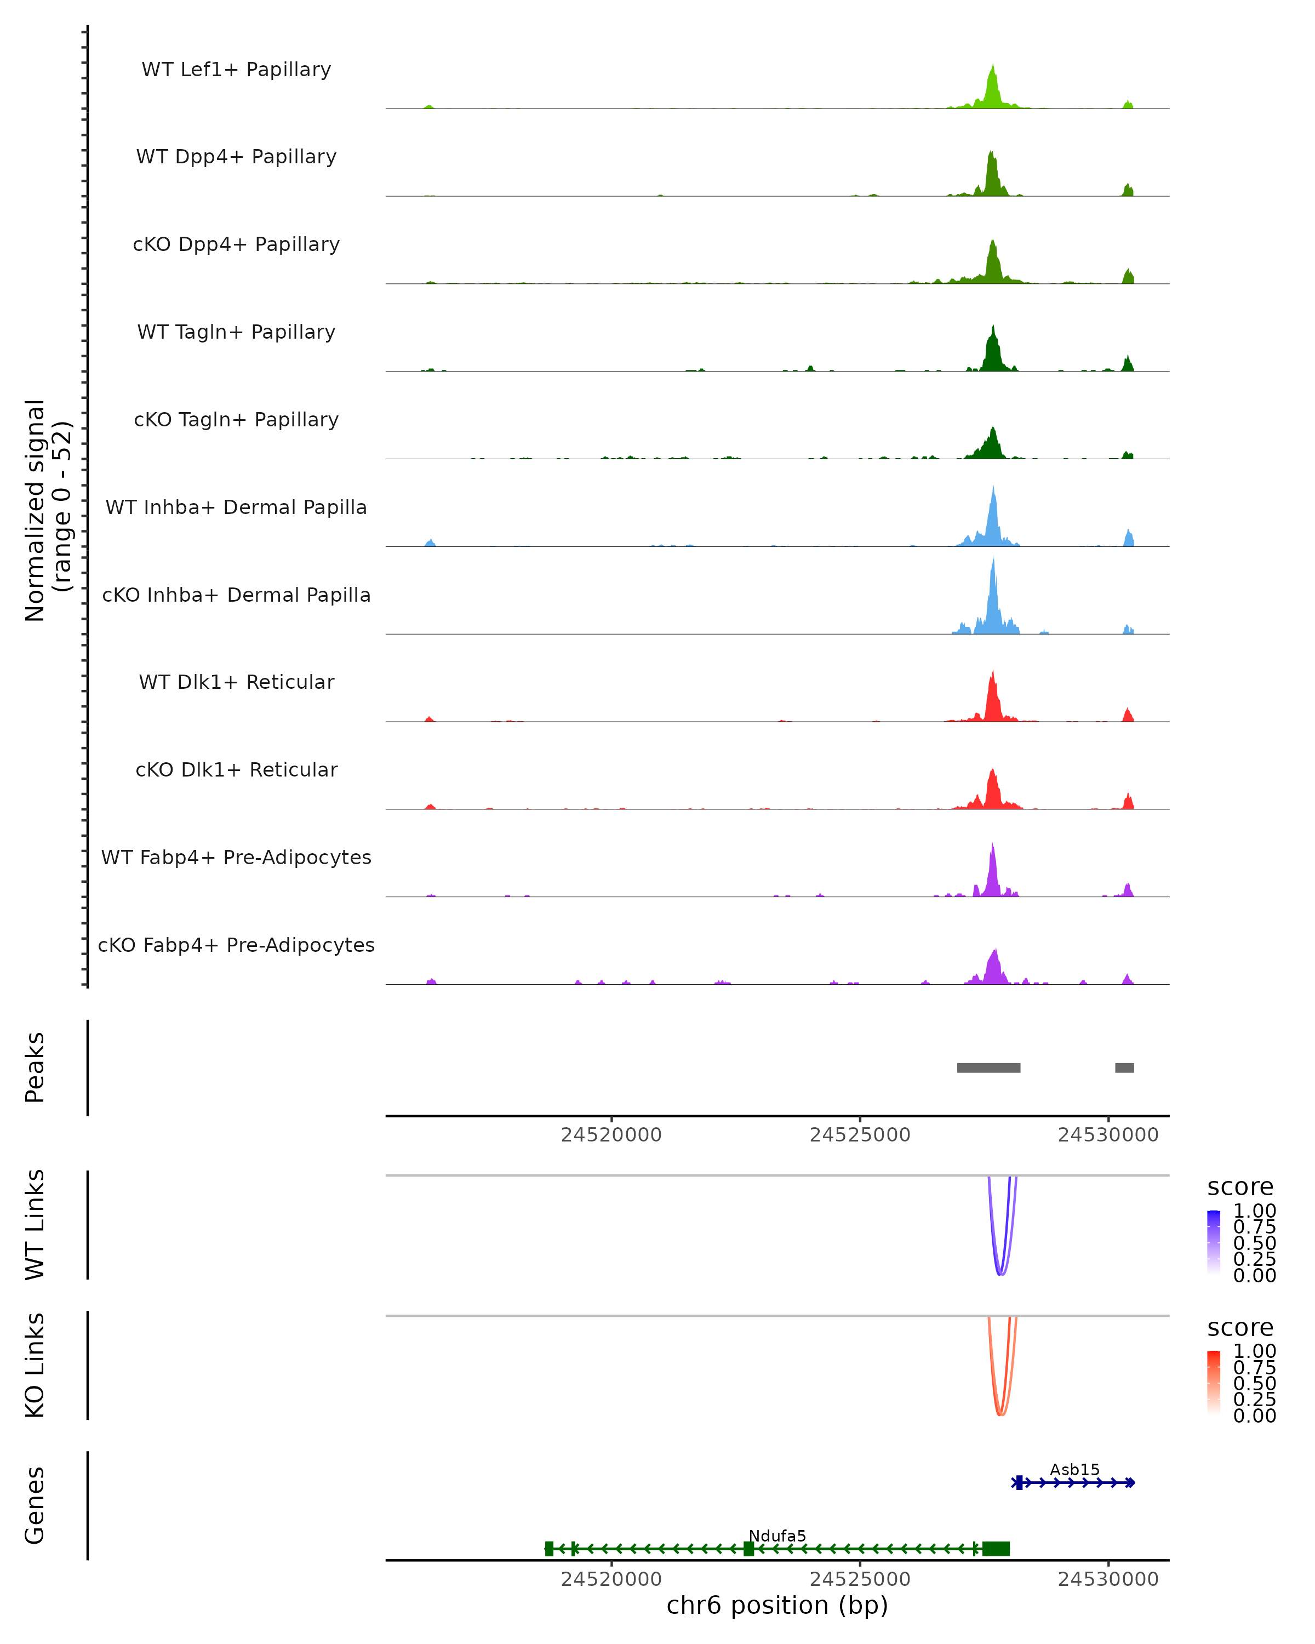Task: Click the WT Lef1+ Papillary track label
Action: click(x=236, y=70)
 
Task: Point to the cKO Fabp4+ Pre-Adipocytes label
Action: click(x=236, y=945)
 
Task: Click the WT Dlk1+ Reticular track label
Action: click(x=236, y=682)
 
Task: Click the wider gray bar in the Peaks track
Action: click(x=989, y=1068)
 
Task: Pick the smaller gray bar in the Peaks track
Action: click(x=1124, y=1068)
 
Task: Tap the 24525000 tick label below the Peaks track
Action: click(x=860, y=1135)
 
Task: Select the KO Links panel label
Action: click(x=35, y=1365)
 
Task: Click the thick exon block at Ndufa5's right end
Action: click(x=996, y=1548)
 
